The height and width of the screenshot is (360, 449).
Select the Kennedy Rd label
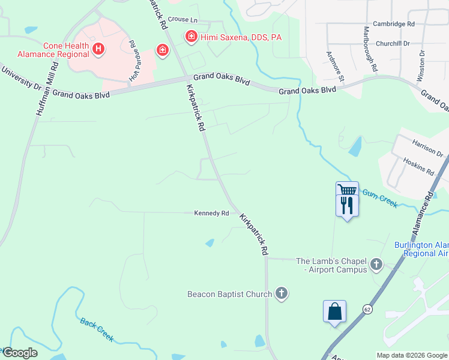click(211, 213)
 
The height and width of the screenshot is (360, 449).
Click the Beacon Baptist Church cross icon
click(282, 293)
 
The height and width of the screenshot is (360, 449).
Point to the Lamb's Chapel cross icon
click(376, 263)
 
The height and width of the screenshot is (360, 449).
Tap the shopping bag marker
click(334, 311)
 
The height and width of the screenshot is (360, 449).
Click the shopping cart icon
click(347, 190)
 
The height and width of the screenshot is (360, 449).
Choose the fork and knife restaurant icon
click(347, 206)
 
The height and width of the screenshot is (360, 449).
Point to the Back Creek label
click(97, 329)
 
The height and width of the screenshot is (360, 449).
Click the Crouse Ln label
click(182, 20)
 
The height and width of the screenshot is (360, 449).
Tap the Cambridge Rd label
click(394, 25)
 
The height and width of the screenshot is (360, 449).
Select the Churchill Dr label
click(393, 43)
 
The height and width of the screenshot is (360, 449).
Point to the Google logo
click(20, 353)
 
